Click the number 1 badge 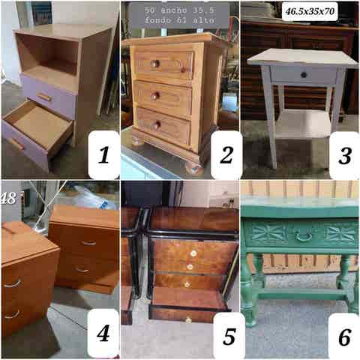pyautogui.click(x=103, y=154)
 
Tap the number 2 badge pyautogui.click(x=226, y=154)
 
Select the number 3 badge pyautogui.click(x=345, y=155)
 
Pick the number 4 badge pyautogui.click(x=103, y=333)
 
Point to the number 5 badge pyautogui.click(x=229, y=336)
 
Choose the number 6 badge pyautogui.click(x=344, y=337)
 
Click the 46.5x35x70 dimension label pyautogui.click(x=310, y=11)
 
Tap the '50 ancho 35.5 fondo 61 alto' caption pyautogui.click(x=179, y=15)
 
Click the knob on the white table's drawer pyautogui.click(x=304, y=74)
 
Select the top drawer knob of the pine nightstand pyautogui.click(x=155, y=64)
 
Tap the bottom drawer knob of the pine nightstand pyautogui.click(x=157, y=125)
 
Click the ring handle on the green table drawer pyautogui.click(x=303, y=236)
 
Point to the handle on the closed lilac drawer pyautogui.click(x=44, y=97)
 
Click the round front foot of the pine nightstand pyautogui.click(x=193, y=168)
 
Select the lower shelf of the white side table pyautogui.click(x=304, y=124)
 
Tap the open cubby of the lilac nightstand pyautogui.click(x=47, y=55)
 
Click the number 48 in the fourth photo pyautogui.click(x=9, y=199)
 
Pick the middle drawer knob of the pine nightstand pyautogui.click(x=155, y=96)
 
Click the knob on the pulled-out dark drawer pyautogui.click(x=188, y=319)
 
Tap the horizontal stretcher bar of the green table pyautogui.click(x=302, y=294)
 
